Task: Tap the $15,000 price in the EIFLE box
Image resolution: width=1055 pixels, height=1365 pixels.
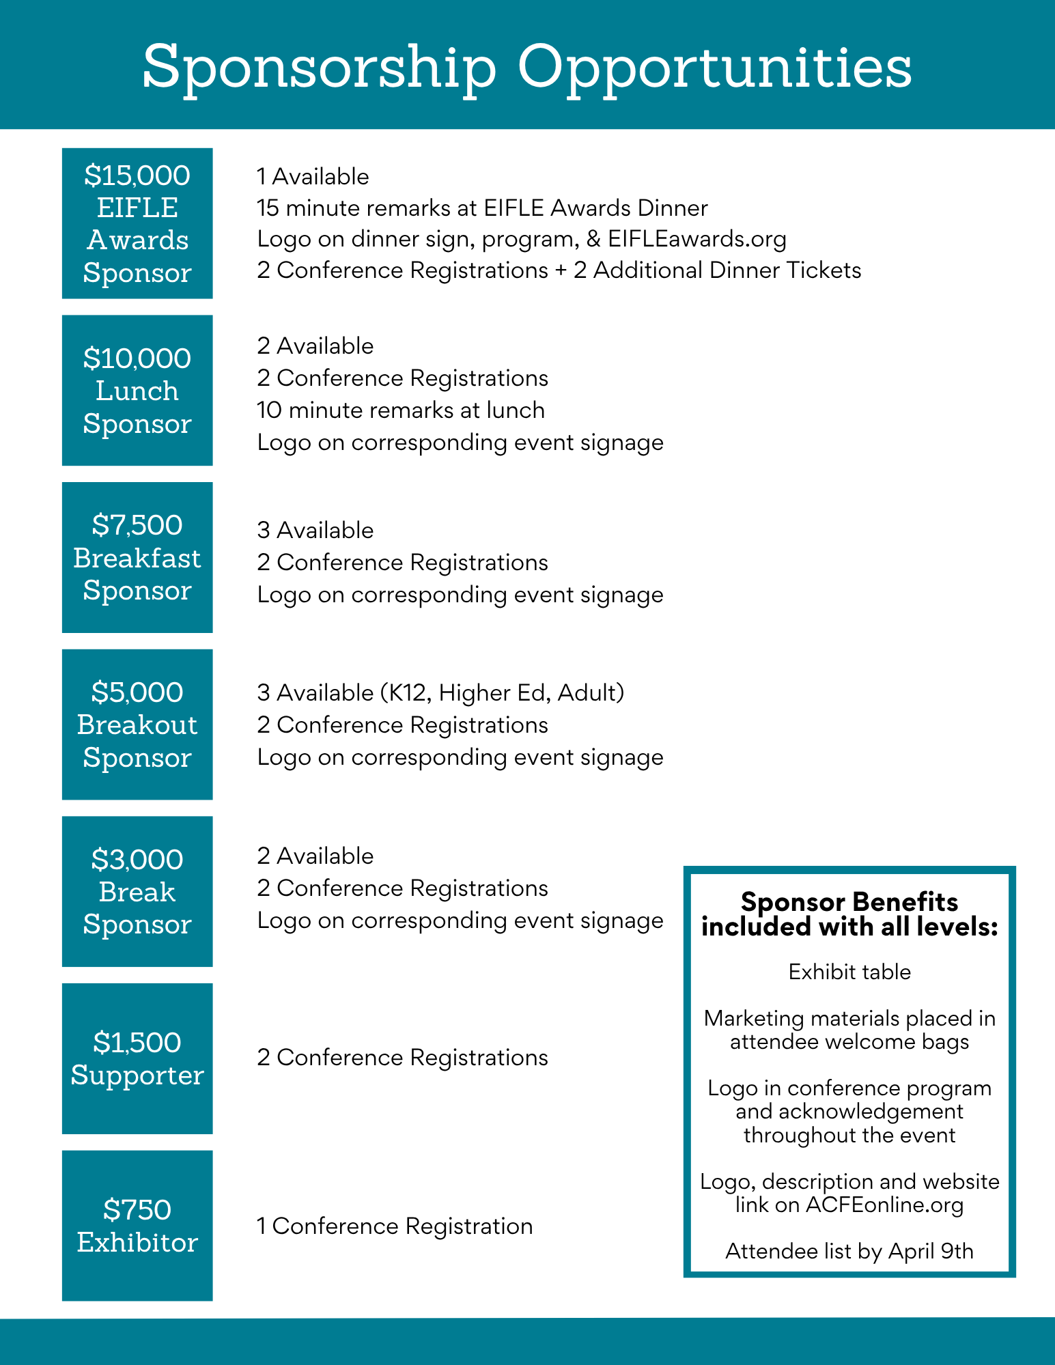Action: [137, 176]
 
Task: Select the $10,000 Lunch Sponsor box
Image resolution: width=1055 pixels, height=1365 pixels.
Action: [137, 391]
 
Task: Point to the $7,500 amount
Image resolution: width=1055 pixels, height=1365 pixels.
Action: [137, 526]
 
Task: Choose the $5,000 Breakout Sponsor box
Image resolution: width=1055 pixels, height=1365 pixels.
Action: [137, 724]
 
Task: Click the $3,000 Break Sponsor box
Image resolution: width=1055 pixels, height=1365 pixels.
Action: [137, 892]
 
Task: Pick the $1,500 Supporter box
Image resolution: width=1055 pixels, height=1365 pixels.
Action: [137, 1058]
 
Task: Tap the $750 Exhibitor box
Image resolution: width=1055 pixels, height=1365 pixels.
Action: [137, 1226]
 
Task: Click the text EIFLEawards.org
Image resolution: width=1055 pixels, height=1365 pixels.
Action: [697, 239]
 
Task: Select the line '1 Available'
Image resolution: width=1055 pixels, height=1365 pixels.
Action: [313, 177]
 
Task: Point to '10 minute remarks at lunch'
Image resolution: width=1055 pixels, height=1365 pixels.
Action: [401, 410]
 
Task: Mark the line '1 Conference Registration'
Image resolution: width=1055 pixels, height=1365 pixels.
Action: [395, 1226]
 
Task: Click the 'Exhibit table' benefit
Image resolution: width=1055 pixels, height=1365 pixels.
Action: [849, 972]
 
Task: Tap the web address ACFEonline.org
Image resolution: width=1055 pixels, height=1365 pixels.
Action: [884, 1205]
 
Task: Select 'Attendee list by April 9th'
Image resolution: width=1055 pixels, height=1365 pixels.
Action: [849, 1252]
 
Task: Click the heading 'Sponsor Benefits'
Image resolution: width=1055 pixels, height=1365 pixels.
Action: [849, 902]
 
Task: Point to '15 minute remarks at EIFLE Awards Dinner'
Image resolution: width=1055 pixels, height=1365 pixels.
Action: [482, 208]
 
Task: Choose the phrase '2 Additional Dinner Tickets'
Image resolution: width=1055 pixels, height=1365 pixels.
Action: [717, 270]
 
